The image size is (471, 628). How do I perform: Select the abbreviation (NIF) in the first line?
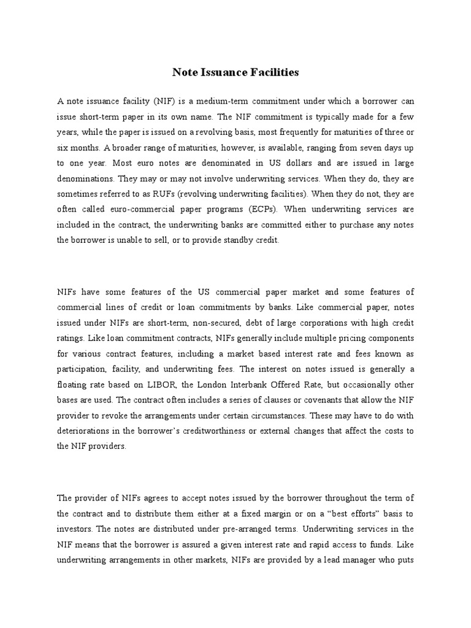167,100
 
